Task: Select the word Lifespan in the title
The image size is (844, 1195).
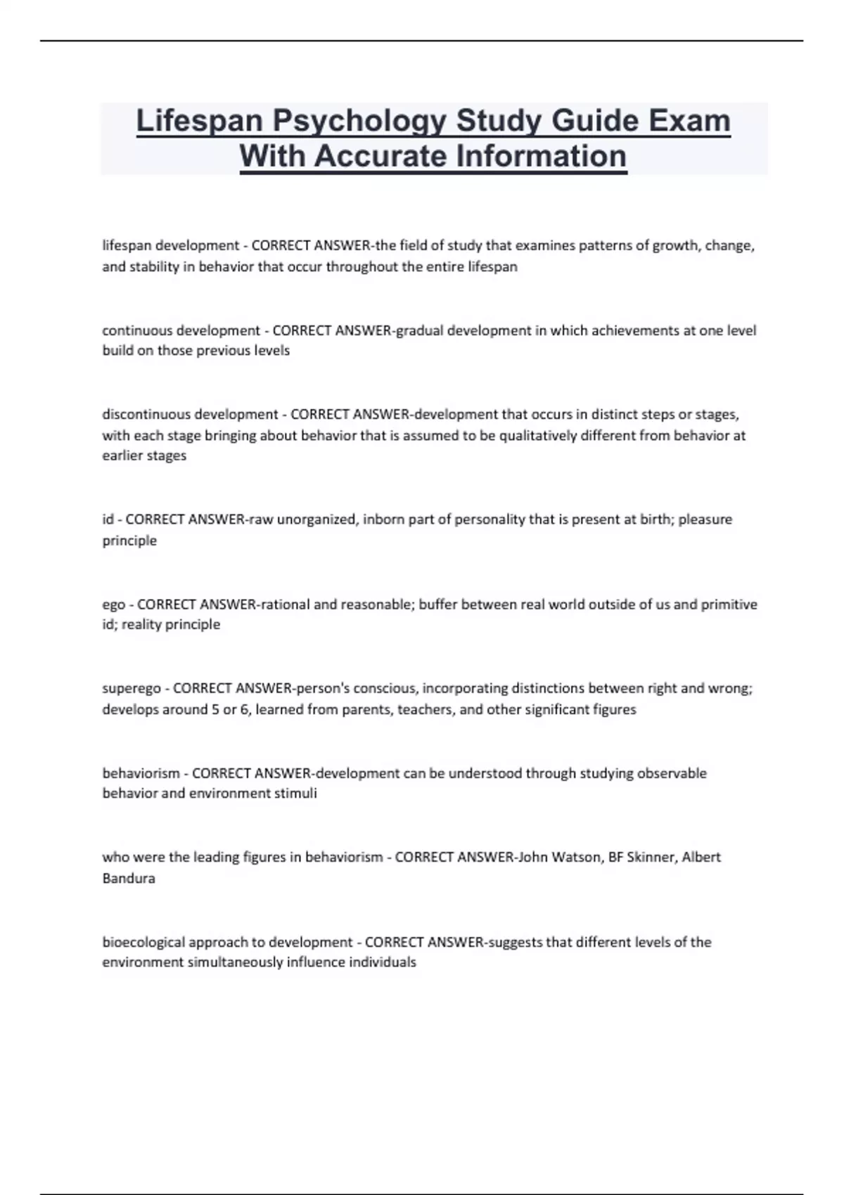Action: click(x=199, y=121)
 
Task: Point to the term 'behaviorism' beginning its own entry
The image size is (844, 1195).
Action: click(x=141, y=773)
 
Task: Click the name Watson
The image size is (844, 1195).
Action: click(x=575, y=857)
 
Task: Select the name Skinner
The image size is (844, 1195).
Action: click(x=649, y=857)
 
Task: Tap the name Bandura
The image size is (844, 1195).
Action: click(x=129, y=878)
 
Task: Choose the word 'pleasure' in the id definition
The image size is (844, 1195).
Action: click(x=705, y=519)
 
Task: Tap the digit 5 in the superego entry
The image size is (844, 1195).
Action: click(x=215, y=709)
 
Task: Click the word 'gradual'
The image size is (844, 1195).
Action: click(x=420, y=330)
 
